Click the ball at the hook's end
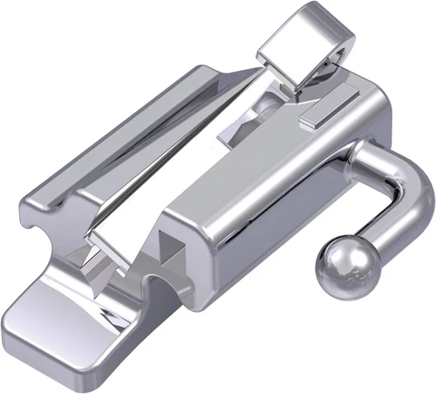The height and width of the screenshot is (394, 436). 341,267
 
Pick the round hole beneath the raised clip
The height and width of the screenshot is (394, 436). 269,105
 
